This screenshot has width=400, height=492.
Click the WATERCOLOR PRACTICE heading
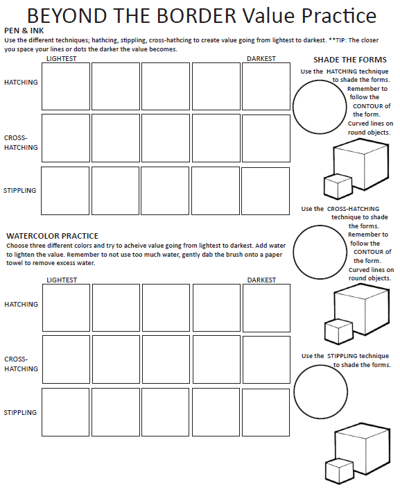(53, 236)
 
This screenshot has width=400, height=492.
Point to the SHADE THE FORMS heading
(350, 60)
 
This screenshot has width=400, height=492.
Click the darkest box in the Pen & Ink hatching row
(266, 87)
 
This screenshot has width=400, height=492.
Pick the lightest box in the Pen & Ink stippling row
(65, 191)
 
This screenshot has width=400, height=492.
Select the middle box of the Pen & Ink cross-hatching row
(166, 138)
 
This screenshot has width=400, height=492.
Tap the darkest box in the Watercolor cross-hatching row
(266, 360)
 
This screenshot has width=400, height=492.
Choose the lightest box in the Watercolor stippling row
(65, 412)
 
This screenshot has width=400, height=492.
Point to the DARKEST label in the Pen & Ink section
(261, 59)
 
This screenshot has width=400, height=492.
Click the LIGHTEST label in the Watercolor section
(62, 280)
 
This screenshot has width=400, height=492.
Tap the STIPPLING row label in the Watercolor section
(20, 413)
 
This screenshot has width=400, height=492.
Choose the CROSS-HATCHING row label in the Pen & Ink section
(20, 142)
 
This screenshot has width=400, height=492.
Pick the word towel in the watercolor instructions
(17, 264)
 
